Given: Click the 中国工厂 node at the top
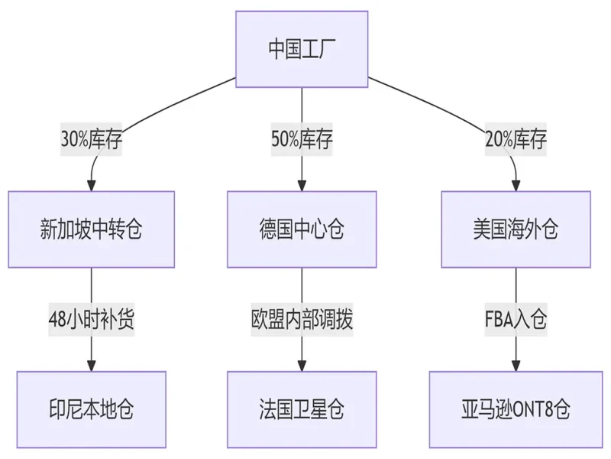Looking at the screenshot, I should [302, 49].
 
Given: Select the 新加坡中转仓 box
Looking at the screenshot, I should [92, 229].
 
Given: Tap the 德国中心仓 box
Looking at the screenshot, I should [302, 229].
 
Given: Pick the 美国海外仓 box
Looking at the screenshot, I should [516, 229].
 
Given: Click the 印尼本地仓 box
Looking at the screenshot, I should [92, 409].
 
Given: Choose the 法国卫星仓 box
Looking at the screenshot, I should [302, 409].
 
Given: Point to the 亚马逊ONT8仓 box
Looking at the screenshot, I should [516, 409].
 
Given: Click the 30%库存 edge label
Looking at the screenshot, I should [92, 140].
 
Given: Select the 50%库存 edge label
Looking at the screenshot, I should [302, 140].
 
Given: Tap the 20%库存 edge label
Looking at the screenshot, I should [516, 140].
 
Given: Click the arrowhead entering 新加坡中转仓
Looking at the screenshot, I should [92, 185].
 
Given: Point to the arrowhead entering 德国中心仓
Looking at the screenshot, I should [302, 185].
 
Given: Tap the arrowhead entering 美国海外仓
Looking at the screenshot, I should [516, 185].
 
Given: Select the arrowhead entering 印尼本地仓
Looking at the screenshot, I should [92, 365].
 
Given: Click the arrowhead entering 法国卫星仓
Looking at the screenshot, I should [302, 365].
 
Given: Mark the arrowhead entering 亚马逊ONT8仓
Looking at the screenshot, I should [516, 365].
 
